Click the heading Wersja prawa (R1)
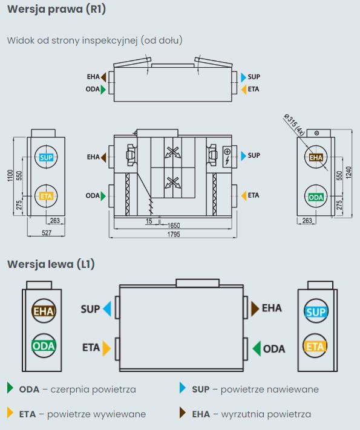tap(56, 9)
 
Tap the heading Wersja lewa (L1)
tap(51, 264)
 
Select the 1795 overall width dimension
tap(174, 234)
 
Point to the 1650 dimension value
tap(174, 226)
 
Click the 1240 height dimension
tap(349, 172)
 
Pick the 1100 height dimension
tap(10, 175)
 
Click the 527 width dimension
tap(47, 233)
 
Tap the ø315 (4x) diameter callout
tap(294, 125)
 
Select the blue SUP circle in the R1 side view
tap(46, 157)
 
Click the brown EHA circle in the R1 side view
tap(316, 157)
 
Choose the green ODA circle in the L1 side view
tap(44, 345)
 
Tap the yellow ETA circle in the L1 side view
tap(315, 346)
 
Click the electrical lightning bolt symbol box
tap(227, 157)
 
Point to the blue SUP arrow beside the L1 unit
tap(107, 309)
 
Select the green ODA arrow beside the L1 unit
tap(257, 348)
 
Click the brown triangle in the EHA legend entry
tap(183, 412)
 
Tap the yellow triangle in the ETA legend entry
tap(10, 412)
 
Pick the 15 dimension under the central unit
tap(149, 221)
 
